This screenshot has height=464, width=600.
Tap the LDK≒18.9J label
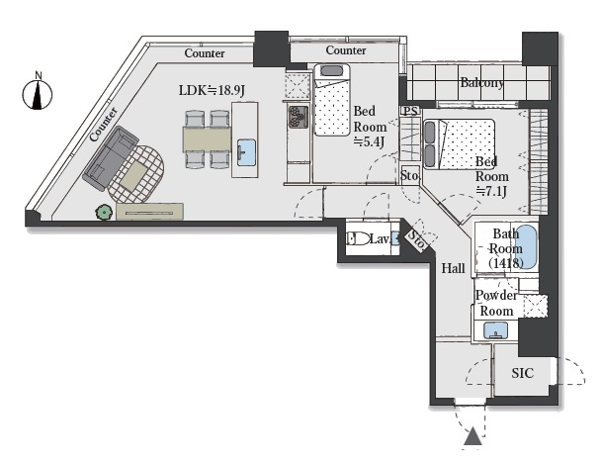click(x=212, y=90)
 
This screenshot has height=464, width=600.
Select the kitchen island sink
click(x=246, y=152)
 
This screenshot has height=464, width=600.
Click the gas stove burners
click(x=298, y=117)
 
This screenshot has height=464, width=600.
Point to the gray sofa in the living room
click(x=111, y=157)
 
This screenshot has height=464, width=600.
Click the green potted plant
click(x=104, y=212)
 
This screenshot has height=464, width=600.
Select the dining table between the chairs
click(x=207, y=139)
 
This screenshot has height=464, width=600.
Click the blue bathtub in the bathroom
click(x=527, y=247)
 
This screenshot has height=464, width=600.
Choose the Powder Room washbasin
click(x=495, y=330)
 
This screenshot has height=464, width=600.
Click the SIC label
click(x=522, y=373)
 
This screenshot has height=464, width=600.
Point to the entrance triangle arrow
click(x=472, y=436)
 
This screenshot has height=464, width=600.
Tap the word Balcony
click(x=481, y=82)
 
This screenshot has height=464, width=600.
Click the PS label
click(x=410, y=112)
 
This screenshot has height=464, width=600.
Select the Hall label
click(x=454, y=268)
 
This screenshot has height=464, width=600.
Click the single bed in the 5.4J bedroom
click(x=332, y=100)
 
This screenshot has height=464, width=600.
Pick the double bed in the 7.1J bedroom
click(x=460, y=143)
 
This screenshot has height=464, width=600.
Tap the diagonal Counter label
click(x=104, y=125)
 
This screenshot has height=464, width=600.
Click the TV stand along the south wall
click(x=149, y=212)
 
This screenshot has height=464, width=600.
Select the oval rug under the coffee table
click(x=136, y=174)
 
